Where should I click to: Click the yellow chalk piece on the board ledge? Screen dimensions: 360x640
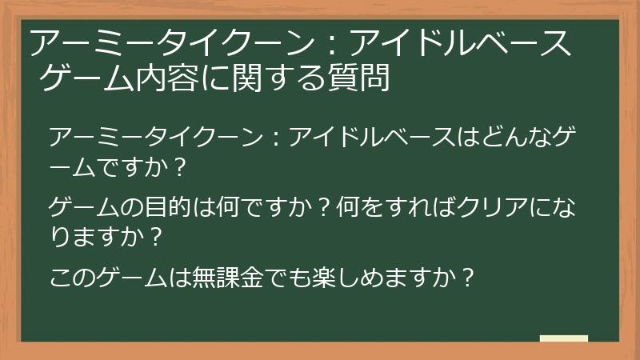point(564,338)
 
